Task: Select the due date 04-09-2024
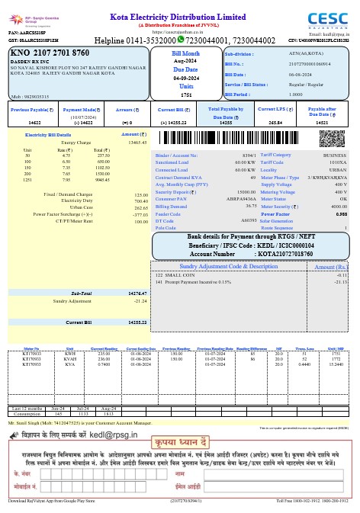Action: [186, 78]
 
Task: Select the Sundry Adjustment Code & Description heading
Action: [228, 267]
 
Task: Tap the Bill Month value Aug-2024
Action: [186, 61]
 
